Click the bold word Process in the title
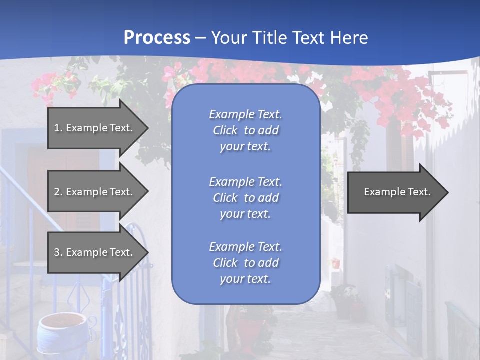point(157,38)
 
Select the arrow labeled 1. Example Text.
point(95,128)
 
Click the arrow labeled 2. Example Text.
point(95,192)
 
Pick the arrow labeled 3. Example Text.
point(95,252)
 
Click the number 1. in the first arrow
point(58,128)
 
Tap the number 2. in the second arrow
point(58,192)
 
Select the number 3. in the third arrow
point(58,252)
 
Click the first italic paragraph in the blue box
point(245,130)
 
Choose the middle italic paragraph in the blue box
point(245,198)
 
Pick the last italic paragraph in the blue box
point(245,263)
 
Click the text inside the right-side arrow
point(397,192)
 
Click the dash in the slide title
point(200,38)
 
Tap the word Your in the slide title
point(229,38)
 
